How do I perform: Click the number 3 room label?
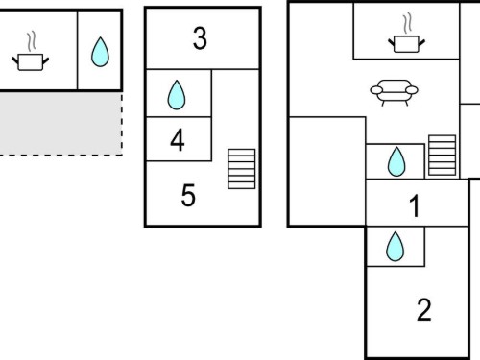click(200, 38)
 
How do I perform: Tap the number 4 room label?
click(178, 139)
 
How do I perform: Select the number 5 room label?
click(188, 195)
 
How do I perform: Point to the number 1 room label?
click(415, 206)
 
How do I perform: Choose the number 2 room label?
click(424, 309)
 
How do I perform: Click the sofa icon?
click(394, 93)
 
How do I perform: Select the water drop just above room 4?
click(177, 95)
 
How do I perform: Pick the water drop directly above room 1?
click(396, 161)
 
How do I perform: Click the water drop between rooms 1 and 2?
click(396, 247)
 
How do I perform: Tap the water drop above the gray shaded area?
click(100, 52)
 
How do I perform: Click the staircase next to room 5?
click(242, 169)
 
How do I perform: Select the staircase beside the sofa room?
click(443, 156)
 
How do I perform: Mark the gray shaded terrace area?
click(60, 124)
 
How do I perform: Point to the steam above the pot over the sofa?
click(407, 23)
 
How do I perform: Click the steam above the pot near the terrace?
click(31, 41)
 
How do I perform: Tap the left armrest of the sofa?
click(376, 90)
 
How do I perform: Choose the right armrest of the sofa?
click(412, 90)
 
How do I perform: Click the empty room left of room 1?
click(327, 171)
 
